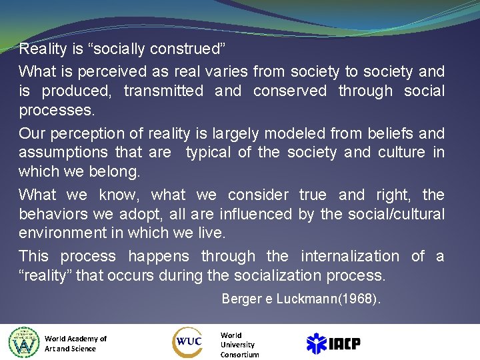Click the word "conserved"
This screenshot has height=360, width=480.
(x=290, y=91)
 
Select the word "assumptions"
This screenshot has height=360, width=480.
(x=63, y=152)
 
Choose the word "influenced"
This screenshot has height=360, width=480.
(x=247, y=214)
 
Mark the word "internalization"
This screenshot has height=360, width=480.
(x=350, y=256)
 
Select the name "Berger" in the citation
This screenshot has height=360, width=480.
(x=242, y=299)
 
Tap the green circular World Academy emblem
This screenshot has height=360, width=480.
(x=24, y=343)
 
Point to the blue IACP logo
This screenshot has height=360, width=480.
(x=333, y=343)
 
